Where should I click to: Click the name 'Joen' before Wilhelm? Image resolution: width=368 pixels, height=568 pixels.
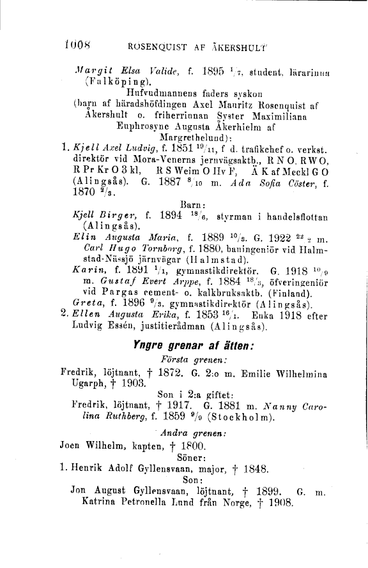click(x=72, y=444)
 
